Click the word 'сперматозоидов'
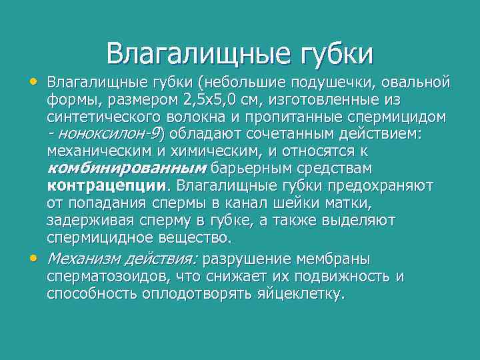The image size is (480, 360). point(113,277)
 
